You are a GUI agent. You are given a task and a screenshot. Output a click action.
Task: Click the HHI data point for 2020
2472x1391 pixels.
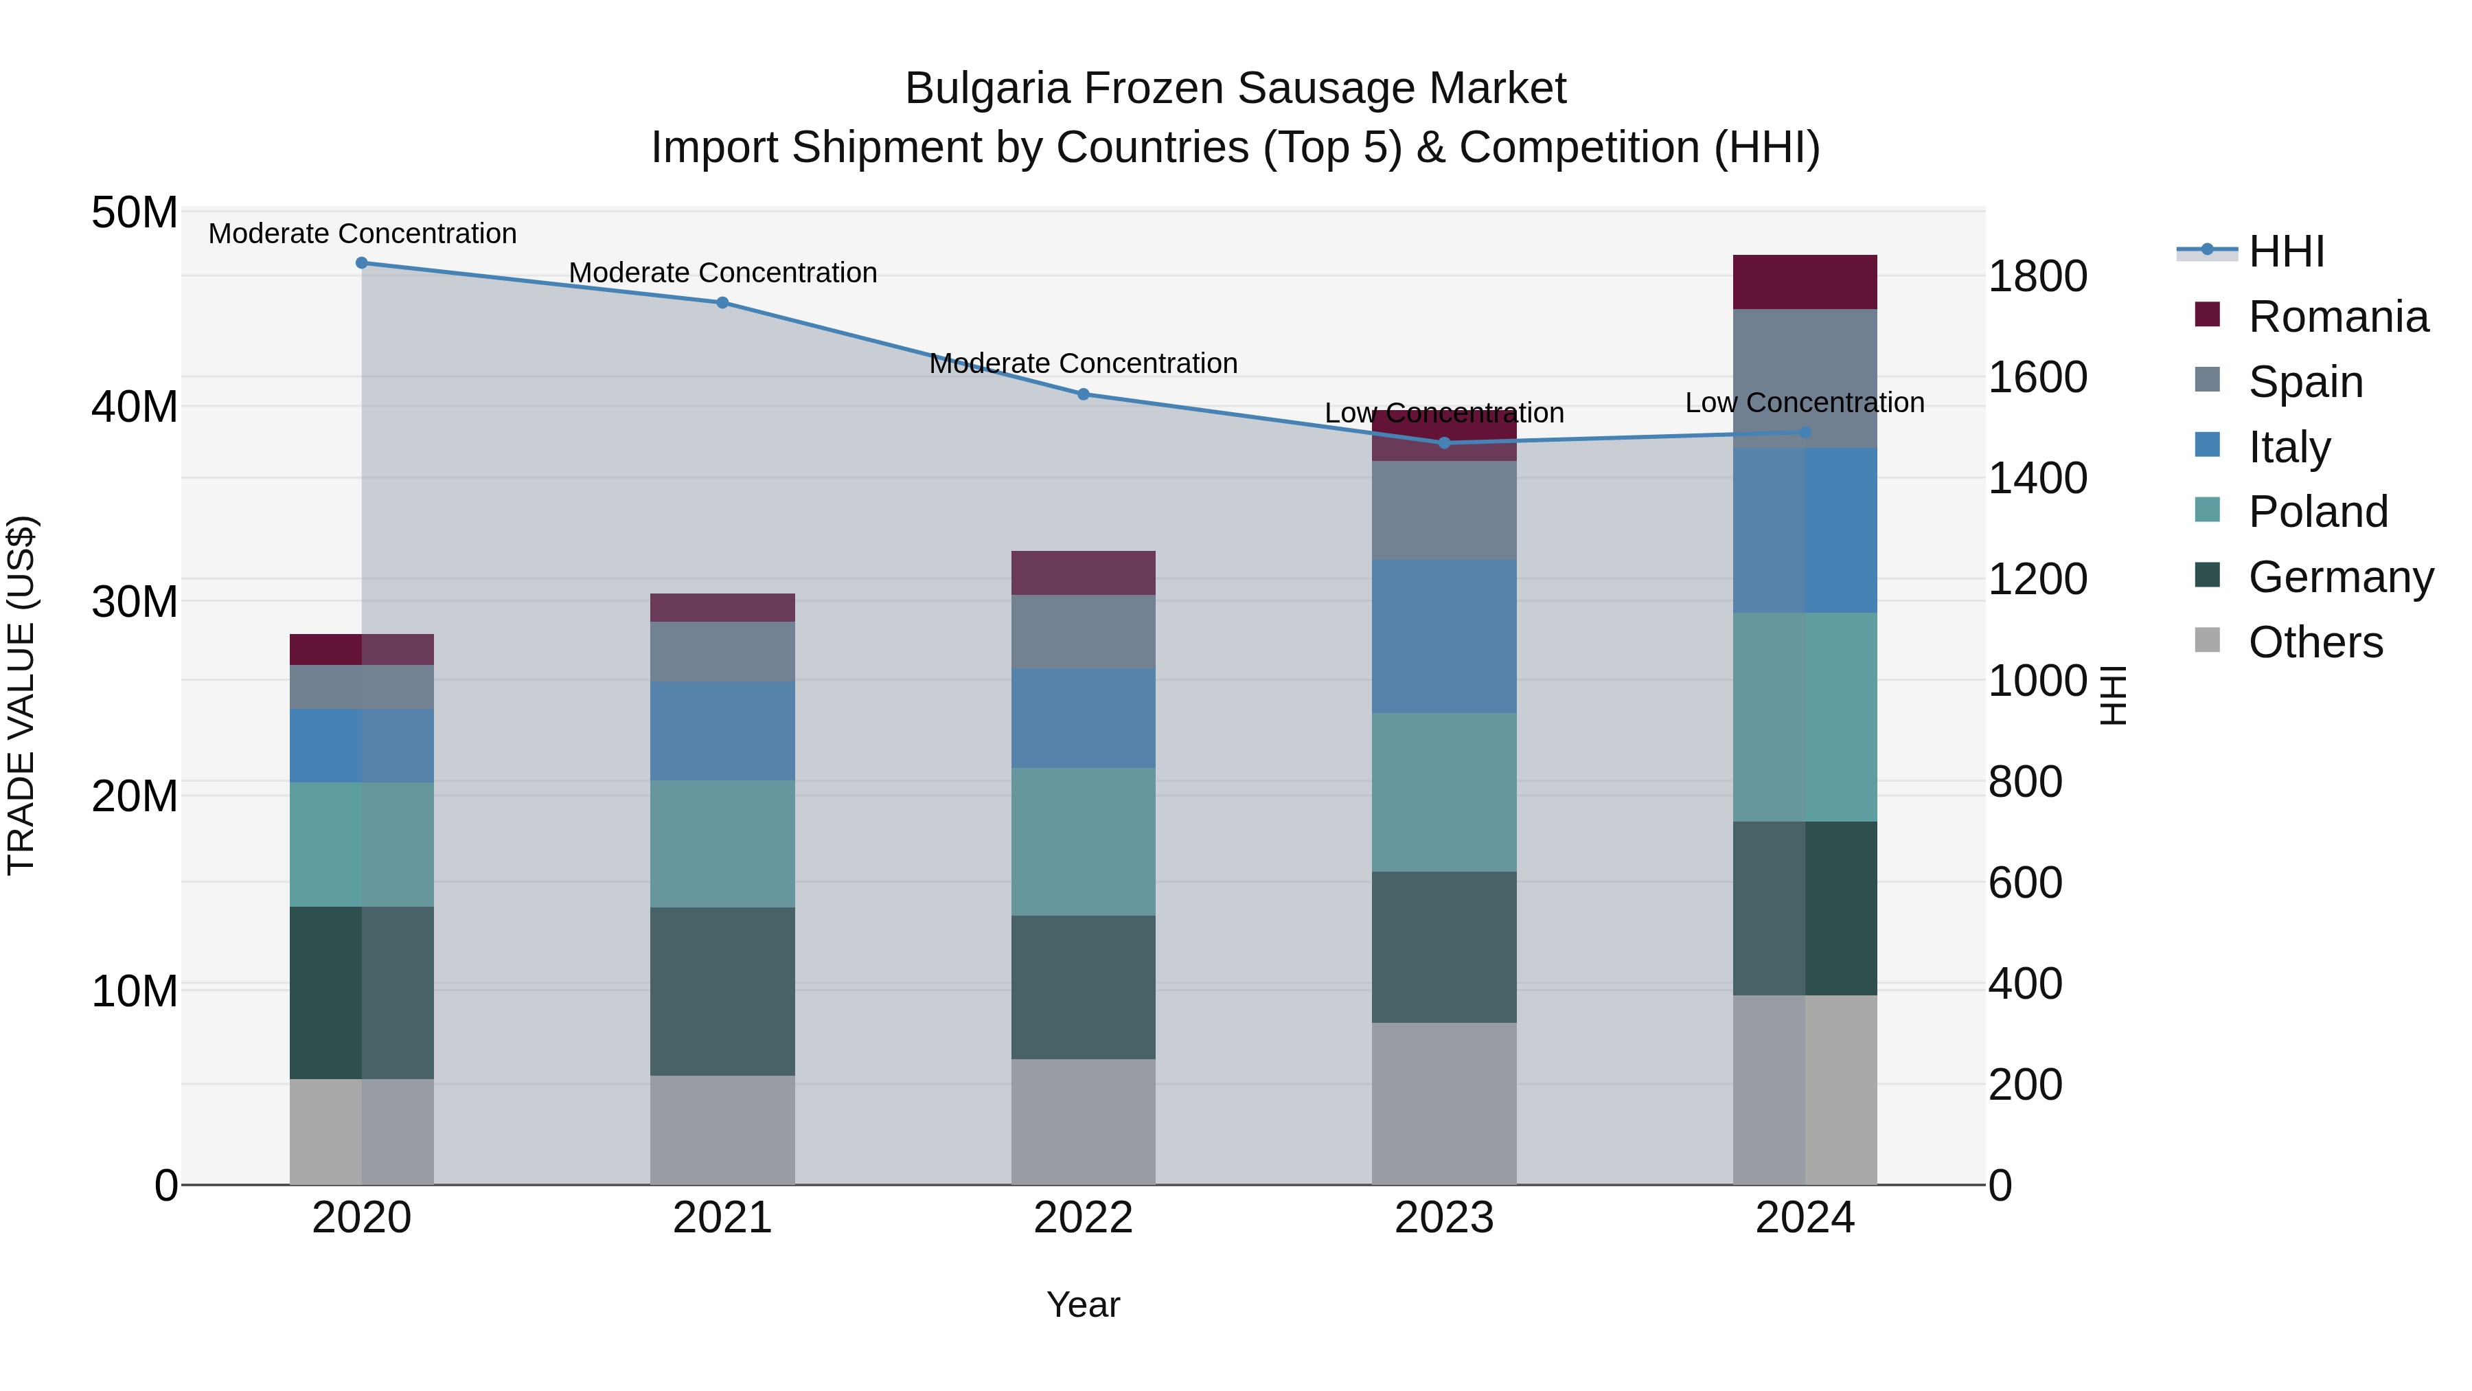(362, 263)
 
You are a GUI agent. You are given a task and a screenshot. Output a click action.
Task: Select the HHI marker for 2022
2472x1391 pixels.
(1084, 394)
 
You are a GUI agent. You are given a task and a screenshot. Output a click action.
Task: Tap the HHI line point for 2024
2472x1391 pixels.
(1805, 433)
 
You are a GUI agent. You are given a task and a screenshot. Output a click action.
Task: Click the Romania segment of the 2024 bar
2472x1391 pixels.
(1805, 282)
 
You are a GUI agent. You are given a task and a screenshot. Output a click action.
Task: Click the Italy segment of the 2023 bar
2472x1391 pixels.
(1444, 637)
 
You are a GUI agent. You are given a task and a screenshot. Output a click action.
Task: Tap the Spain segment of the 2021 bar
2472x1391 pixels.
(722, 651)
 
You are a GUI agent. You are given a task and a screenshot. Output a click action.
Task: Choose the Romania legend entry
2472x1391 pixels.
(2337, 317)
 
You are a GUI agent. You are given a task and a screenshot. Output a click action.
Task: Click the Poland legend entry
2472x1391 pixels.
(2317, 512)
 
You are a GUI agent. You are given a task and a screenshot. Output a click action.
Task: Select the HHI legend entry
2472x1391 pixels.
(2286, 251)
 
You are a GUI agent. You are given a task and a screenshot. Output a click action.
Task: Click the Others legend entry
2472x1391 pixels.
(2315, 642)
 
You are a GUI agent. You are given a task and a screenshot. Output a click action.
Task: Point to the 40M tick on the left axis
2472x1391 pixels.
(135, 407)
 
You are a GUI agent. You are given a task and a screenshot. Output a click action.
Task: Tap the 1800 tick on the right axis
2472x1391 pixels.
(2037, 276)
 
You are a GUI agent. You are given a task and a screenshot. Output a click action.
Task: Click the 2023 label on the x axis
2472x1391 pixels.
(1444, 1218)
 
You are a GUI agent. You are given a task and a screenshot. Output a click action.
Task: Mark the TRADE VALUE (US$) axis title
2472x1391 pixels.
(22, 695)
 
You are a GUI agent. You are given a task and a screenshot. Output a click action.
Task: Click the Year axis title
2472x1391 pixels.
(1084, 1304)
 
